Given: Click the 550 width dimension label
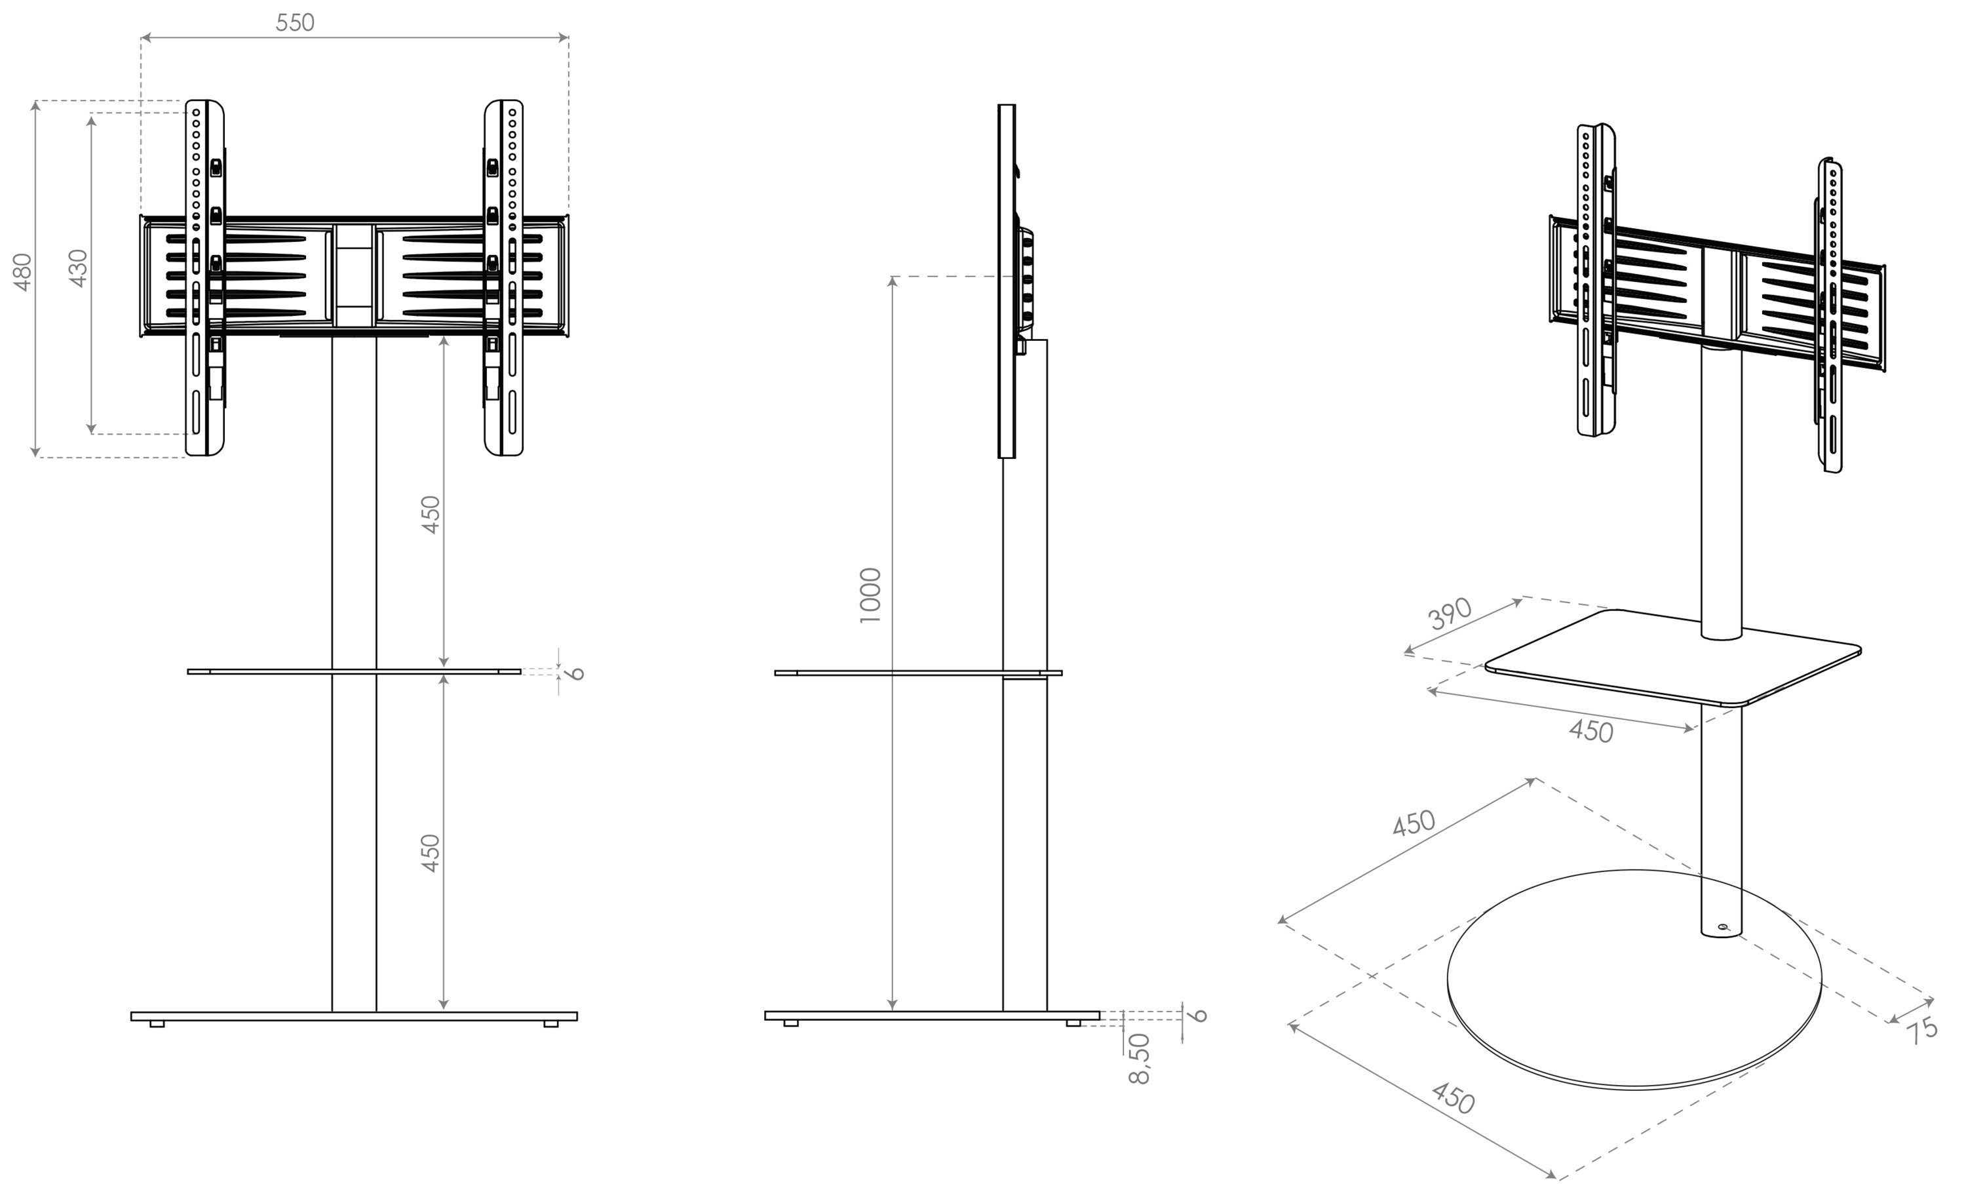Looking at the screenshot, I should tap(295, 22).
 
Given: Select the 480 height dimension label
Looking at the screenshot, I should tap(22, 271).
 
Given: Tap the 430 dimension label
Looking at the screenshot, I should tap(77, 268).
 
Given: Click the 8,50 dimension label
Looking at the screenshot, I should tap(1140, 1059).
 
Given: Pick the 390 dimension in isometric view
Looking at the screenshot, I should tap(1449, 614).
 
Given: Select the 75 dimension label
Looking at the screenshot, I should tap(1922, 1029).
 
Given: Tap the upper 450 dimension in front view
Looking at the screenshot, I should tap(431, 515).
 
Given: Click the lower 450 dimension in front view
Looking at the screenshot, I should tap(431, 853).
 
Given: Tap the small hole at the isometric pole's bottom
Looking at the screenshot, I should tap(1723, 927).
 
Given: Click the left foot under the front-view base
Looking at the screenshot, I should tap(157, 1023).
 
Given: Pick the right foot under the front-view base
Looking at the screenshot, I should tap(550, 1023).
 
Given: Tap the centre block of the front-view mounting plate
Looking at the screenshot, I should tap(353, 275).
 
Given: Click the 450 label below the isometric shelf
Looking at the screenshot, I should tap(1590, 731).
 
